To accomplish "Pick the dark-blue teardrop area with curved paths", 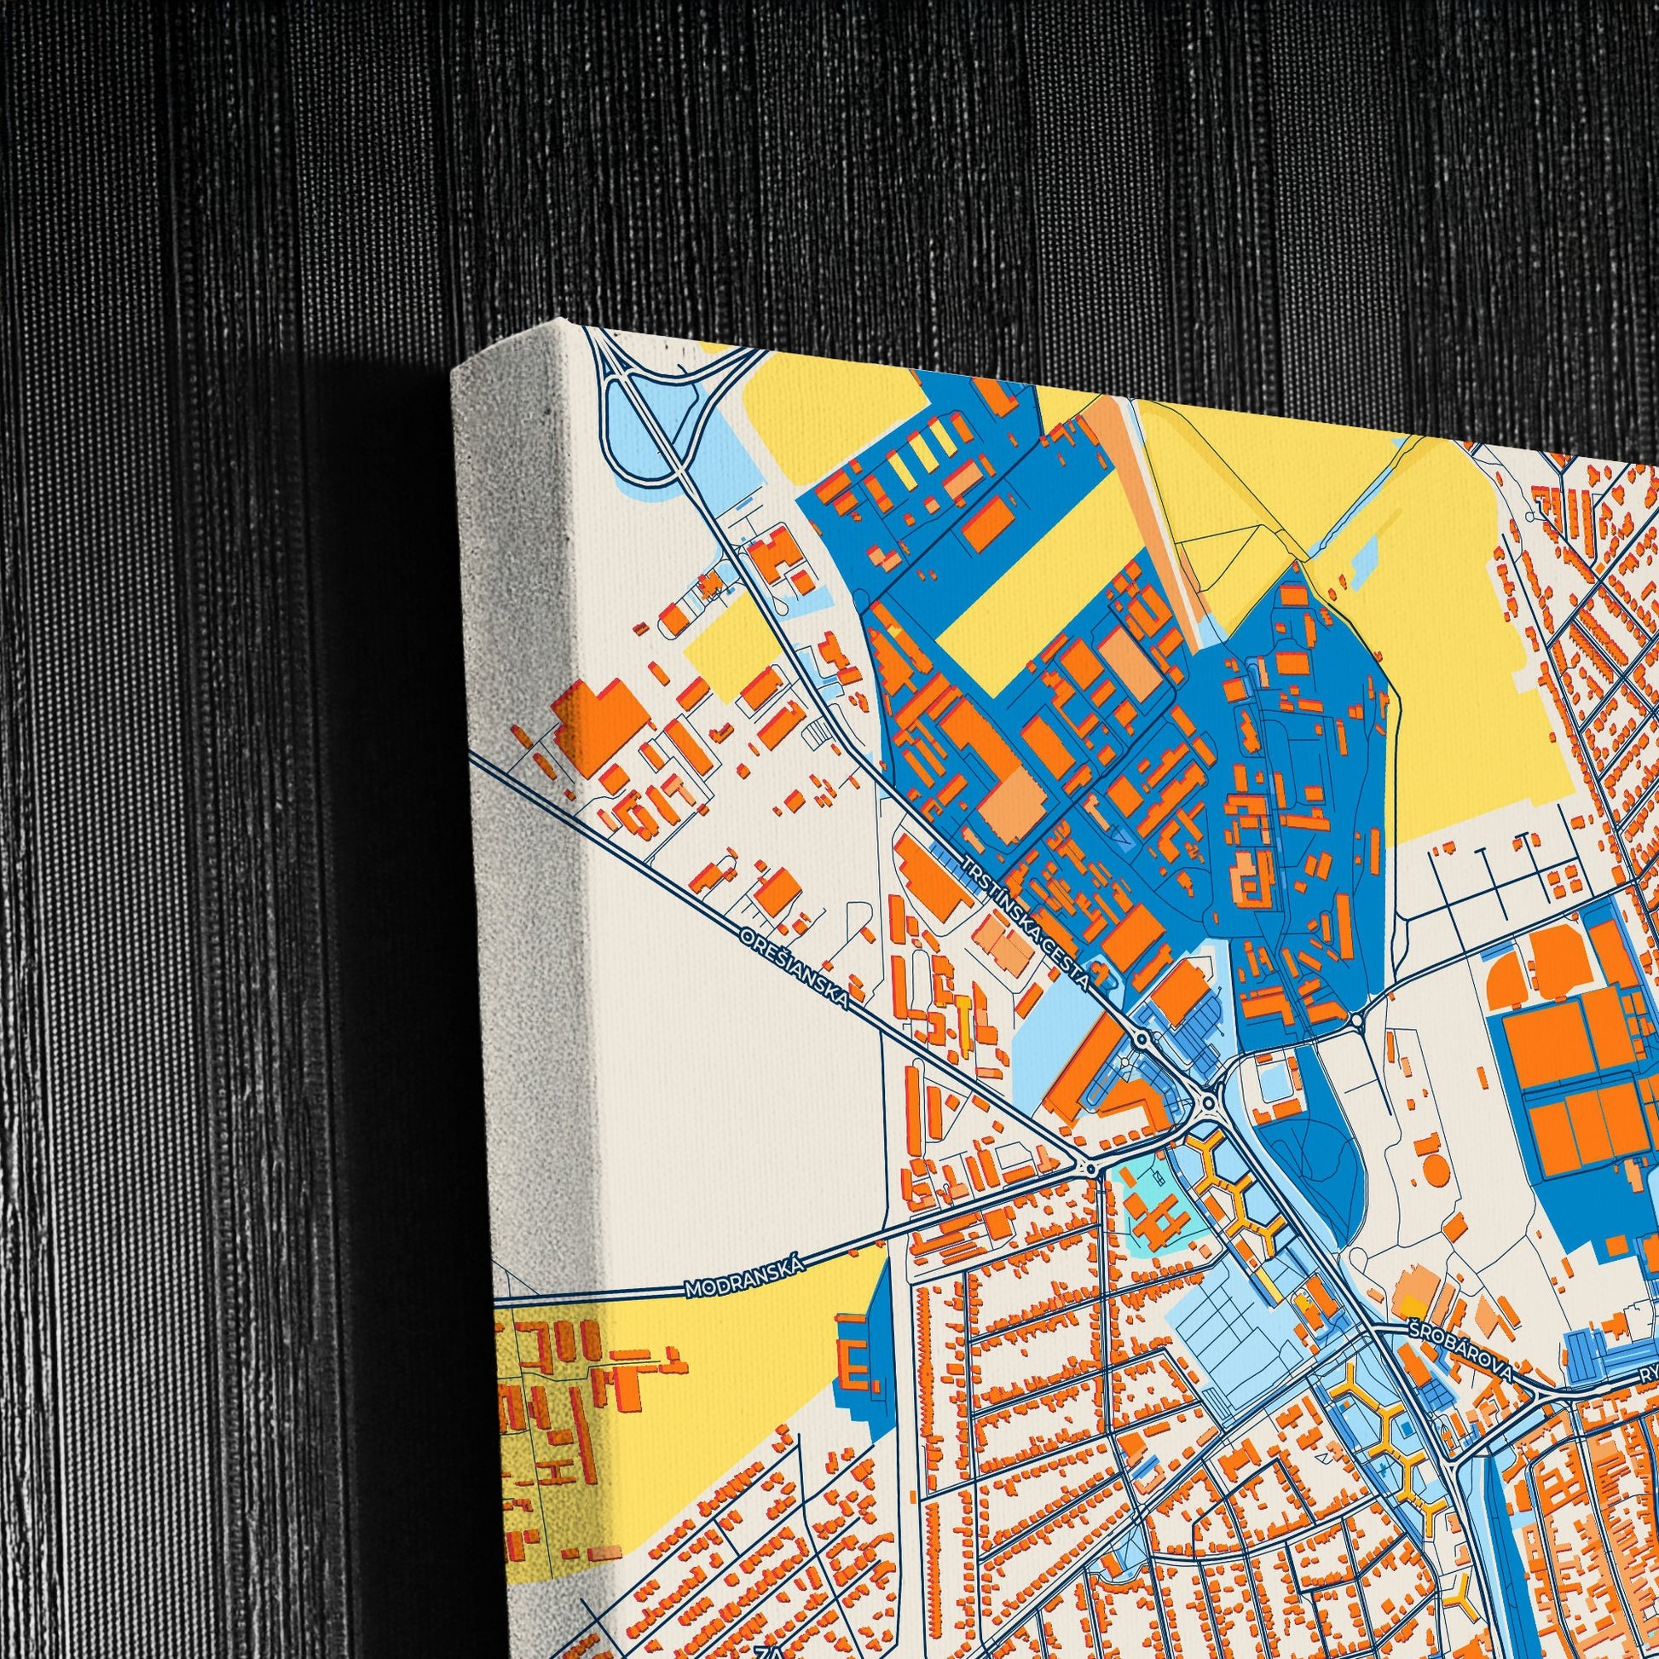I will pos(1311,1177).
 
